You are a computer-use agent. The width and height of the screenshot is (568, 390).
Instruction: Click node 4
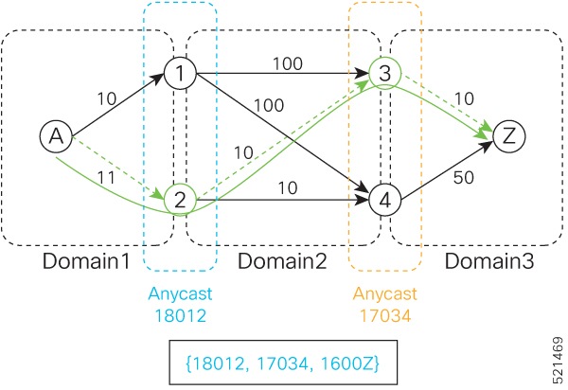[384, 200]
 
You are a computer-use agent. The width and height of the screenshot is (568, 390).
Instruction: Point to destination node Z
[509, 136]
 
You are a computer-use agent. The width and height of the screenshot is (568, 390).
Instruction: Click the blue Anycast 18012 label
[181, 302]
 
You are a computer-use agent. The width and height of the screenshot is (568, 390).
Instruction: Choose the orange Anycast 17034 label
[384, 302]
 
